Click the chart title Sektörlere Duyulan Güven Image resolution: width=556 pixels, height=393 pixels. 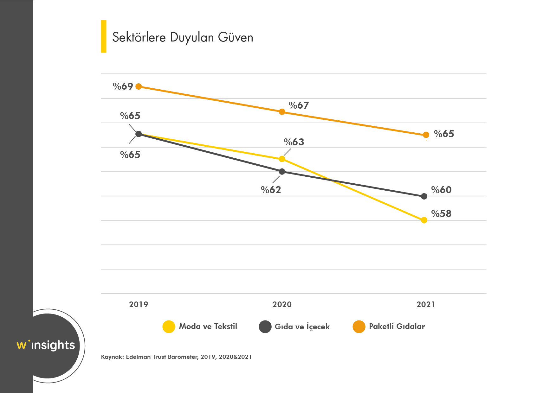[183, 37]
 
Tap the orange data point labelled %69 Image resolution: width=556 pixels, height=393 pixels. [139, 86]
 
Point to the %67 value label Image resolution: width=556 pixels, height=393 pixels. [299, 105]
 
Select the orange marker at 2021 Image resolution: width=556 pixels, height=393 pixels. [426, 135]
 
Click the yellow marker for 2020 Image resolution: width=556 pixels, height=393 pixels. [282, 159]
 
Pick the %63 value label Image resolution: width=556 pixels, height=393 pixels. [294, 142]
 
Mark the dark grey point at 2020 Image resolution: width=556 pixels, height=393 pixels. [282, 172]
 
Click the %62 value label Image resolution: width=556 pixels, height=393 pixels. [271, 190]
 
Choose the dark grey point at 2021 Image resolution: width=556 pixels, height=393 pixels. [424, 196]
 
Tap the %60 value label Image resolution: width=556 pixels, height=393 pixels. [441, 190]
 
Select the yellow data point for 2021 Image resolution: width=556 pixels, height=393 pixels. [424, 220]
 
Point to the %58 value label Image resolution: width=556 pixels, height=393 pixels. [441, 214]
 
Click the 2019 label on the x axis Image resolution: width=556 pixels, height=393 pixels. [139, 305]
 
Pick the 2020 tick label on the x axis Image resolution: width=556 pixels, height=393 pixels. [282, 305]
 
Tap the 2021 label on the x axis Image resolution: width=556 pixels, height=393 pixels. [426, 305]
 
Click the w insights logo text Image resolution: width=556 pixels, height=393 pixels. [46, 345]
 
